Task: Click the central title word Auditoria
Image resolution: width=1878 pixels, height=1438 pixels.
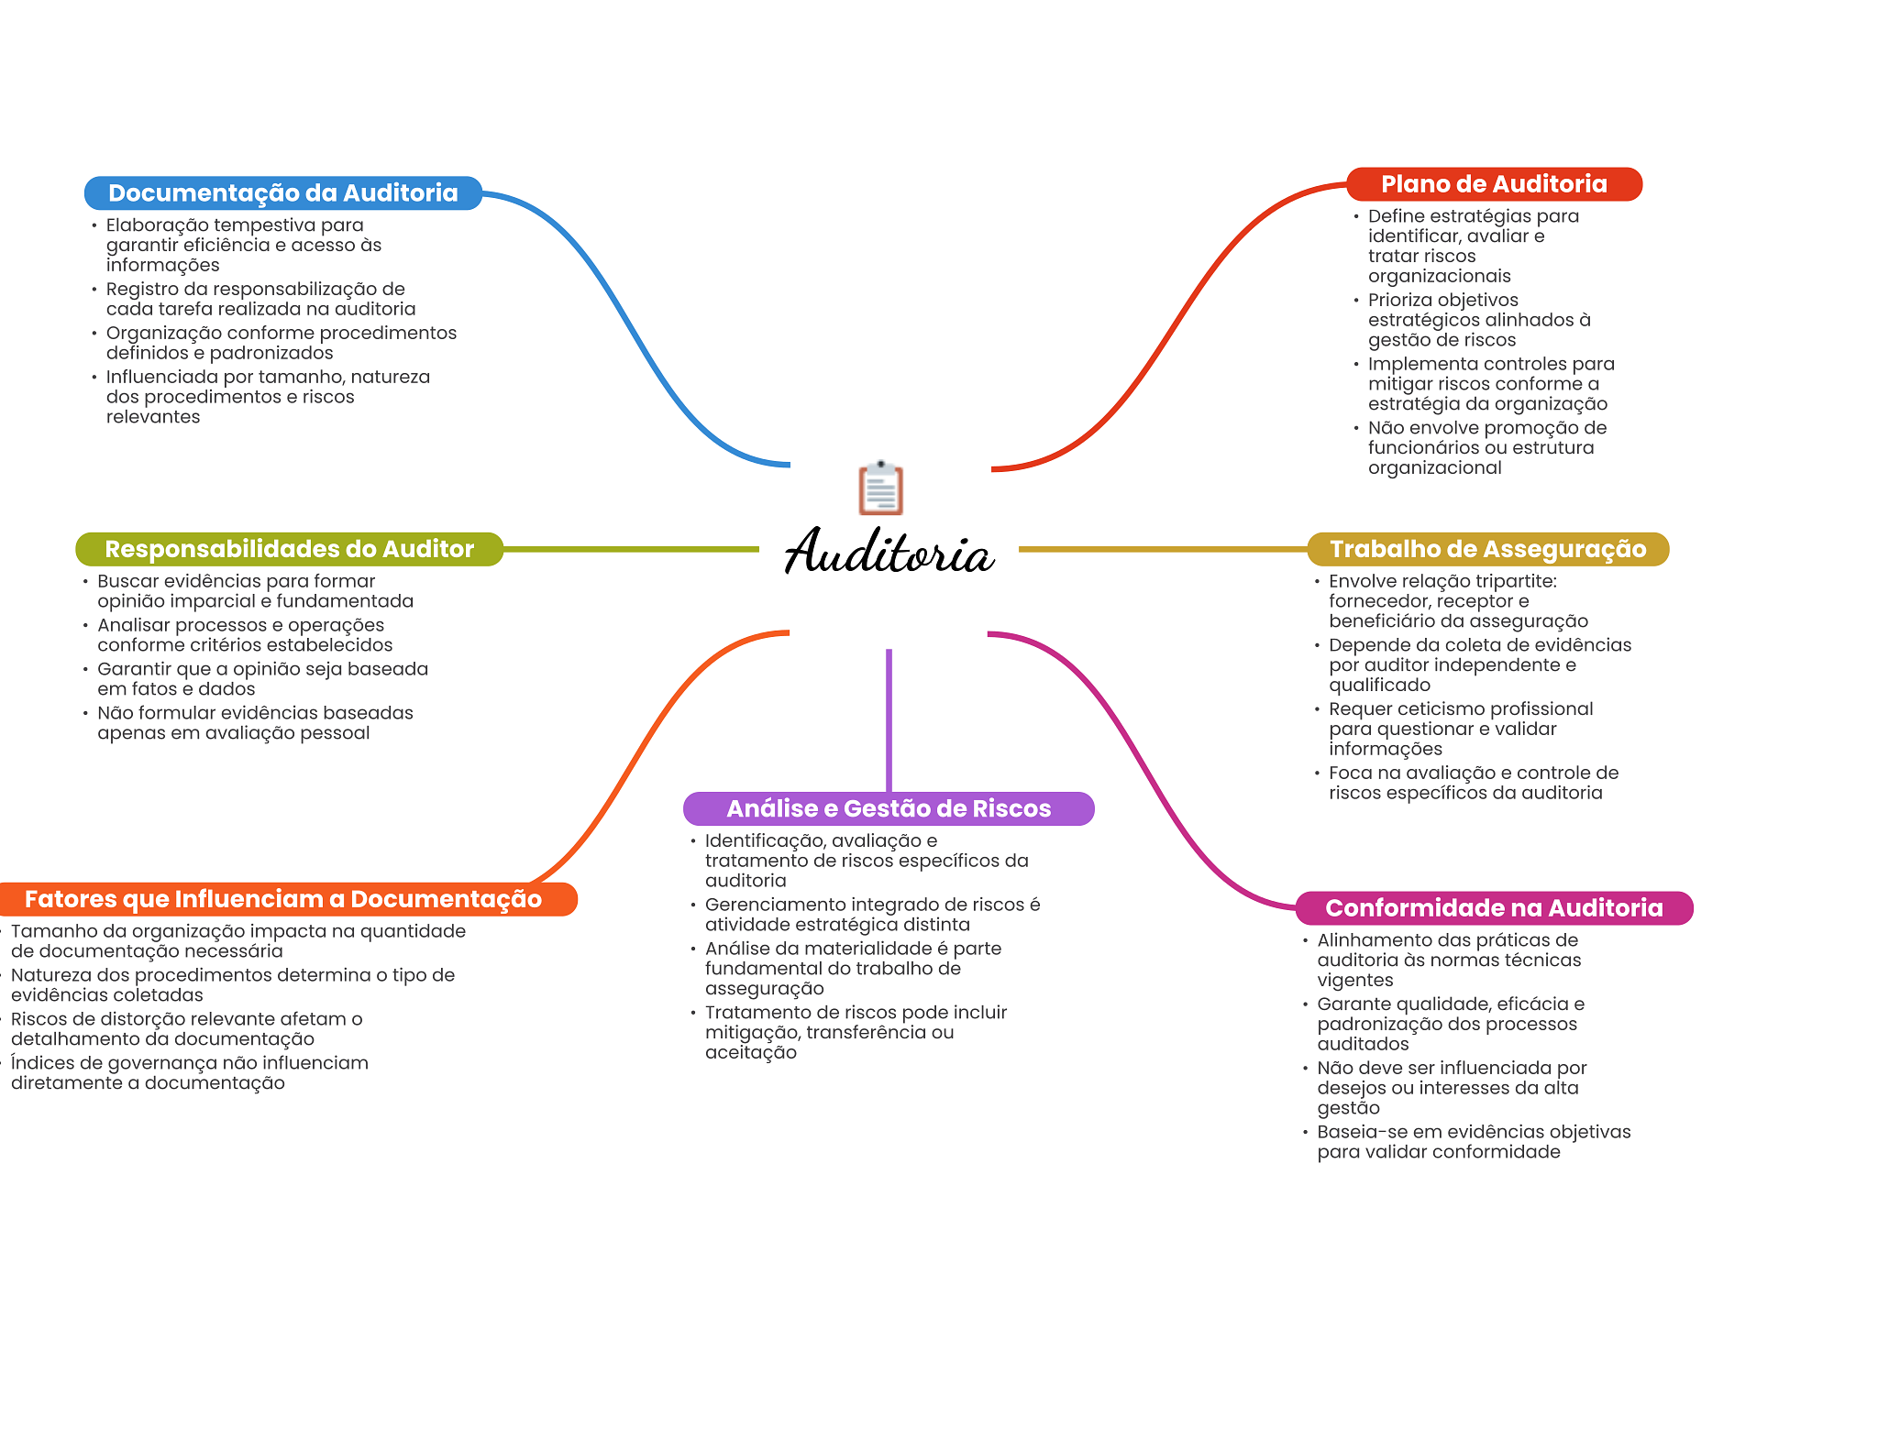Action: (889, 553)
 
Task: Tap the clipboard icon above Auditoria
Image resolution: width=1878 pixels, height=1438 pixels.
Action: (880, 488)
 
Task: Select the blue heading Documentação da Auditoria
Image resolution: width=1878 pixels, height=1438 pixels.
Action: (282, 193)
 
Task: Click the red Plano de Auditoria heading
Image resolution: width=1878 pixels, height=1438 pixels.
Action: (1493, 184)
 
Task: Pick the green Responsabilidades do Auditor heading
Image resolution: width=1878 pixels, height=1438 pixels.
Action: (289, 549)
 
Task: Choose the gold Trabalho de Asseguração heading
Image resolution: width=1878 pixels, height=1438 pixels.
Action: (1487, 549)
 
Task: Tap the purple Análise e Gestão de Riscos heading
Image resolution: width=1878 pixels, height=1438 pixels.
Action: (888, 808)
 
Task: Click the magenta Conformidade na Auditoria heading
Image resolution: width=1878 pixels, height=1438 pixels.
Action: (1493, 907)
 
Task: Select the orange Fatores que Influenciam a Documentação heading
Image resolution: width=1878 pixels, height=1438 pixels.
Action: (282, 899)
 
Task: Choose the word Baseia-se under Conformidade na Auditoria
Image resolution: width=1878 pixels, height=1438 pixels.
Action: (1360, 1132)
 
